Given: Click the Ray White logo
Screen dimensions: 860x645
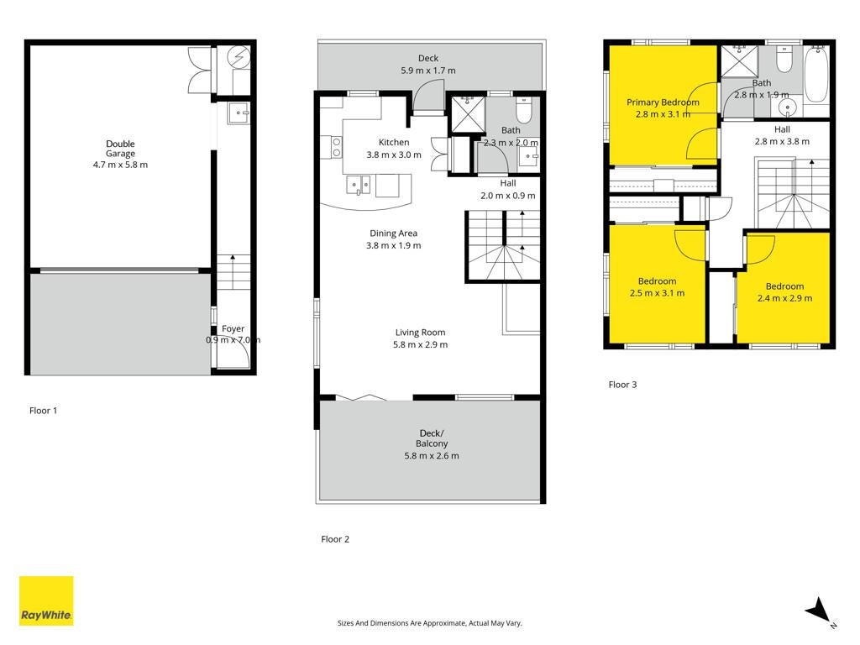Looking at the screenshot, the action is pyautogui.click(x=46, y=600).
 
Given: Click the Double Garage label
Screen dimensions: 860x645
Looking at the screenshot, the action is pyautogui.click(x=120, y=149).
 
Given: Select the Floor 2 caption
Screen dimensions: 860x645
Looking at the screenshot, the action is pyautogui.click(x=335, y=539).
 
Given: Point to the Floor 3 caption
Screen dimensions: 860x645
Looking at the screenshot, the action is pyautogui.click(x=622, y=385).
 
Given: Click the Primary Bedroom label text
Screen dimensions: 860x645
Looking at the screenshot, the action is pyautogui.click(x=663, y=102).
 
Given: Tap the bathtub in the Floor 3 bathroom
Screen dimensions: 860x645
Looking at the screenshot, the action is pyautogui.click(x=816, y=74).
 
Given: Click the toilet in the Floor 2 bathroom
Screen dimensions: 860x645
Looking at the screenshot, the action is pyautogui.click(x=524, y=110).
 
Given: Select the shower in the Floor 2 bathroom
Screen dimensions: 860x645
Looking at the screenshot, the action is pyautogui.click(x=468, y=114).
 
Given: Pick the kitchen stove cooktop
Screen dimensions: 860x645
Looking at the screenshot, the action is pyautogui.click(x=336, y=147).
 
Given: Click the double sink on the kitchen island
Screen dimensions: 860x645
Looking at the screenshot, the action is pyautogui.click(x=358, y=186).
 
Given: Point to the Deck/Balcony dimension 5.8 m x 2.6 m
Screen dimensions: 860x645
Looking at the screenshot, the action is pyautogui.click(x=432, y=456).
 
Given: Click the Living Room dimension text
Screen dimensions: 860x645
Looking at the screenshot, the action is pyautogui.click(x=420, y=344).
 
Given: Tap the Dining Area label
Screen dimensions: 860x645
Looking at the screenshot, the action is pyautogui.click(x=393, y=233).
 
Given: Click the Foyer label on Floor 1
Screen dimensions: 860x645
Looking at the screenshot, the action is pyautogui.click(x=233, y=328).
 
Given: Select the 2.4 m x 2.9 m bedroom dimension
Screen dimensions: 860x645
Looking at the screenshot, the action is pyautogui.click(x=785, y=298).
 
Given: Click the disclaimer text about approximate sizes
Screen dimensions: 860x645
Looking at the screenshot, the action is pyautogui.click(x=429, y=623).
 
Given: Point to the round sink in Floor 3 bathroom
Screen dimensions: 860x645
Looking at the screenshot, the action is pyautogui.click(x=788, y=107).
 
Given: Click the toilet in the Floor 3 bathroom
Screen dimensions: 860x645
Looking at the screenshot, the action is pyautogui.click(x=785, y=60).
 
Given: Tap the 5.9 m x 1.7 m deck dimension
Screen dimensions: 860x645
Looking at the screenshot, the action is pyautogui.click(x=427, y=71).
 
